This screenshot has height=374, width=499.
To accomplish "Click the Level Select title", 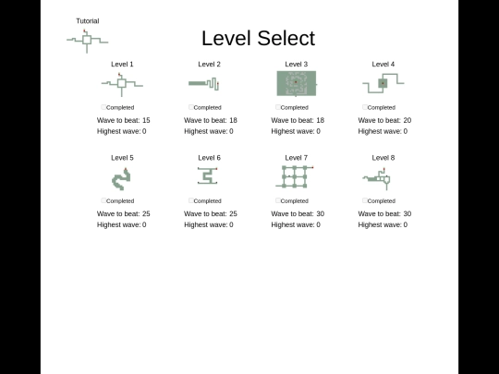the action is point(259,38).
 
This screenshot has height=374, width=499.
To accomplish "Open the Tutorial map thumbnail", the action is point(87,40).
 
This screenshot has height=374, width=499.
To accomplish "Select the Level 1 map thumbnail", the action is point(122,84).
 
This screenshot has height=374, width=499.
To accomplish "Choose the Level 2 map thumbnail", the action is point(203,84).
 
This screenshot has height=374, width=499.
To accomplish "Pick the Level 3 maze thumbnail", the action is point(297,83).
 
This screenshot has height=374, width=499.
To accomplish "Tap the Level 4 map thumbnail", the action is point(383,83).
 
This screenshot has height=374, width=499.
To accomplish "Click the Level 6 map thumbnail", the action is point(208,175).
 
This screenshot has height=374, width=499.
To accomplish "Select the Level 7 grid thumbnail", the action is point(295,176).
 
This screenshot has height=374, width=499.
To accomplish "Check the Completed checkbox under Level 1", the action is point(103,107).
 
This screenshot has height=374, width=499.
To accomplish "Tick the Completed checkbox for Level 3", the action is point(278,107).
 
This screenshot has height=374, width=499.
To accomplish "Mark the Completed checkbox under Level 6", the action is point(191,200).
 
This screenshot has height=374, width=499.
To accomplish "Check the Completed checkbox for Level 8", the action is point(365,200).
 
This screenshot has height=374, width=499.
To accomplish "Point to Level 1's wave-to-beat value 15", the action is point(146,120).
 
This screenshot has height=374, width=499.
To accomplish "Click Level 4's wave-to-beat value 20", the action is point(407,120).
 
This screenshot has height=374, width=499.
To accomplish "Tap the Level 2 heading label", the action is point(209,65).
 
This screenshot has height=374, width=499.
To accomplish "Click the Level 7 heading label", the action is point(297,158).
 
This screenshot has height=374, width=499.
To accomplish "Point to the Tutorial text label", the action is point(88,21).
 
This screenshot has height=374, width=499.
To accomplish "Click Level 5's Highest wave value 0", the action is point(144,224).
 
